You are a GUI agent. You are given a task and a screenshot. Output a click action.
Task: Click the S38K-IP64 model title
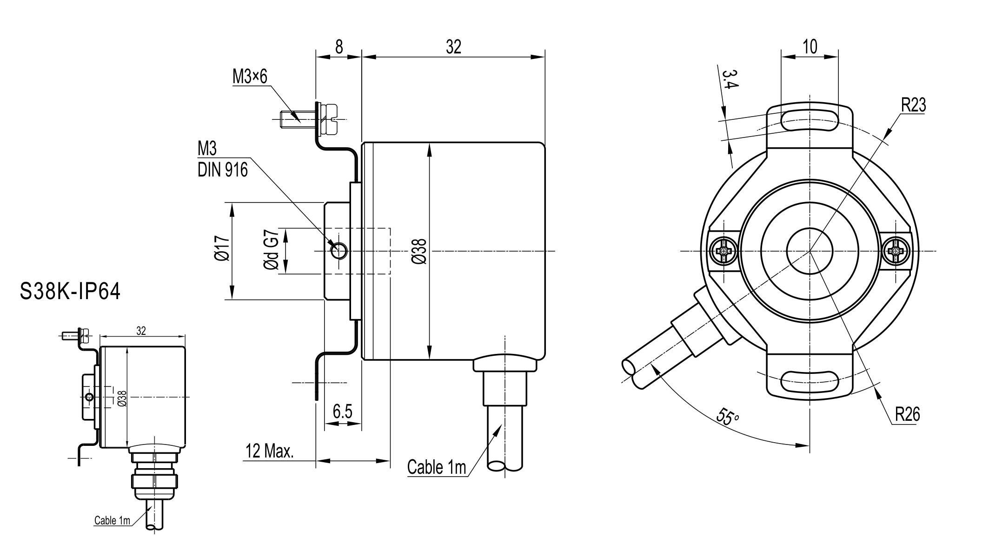click(70, 292)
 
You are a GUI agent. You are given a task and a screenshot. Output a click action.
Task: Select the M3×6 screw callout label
click(250, 77)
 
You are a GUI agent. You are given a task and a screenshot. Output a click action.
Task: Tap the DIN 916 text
click(223, 170)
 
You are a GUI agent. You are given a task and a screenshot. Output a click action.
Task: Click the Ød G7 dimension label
click(272, 250)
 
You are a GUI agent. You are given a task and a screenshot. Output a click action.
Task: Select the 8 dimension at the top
click(339, 47)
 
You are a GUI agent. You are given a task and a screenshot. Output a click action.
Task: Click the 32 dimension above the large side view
click(453, 47)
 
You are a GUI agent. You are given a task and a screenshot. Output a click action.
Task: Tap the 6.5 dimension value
click(343, 412)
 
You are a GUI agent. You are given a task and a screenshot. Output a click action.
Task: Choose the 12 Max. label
click(270, 451)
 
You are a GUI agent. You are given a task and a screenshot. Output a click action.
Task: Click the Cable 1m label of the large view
click(437, 467)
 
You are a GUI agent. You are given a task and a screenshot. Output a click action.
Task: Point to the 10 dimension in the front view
click(810, 46)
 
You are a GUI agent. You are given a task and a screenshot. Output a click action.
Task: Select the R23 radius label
click(914, 105)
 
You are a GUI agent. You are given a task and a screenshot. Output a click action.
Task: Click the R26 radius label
click(908, 414)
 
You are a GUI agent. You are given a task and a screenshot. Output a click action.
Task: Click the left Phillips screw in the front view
click(724, 251)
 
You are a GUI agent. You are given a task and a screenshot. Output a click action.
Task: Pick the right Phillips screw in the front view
click(896, 251)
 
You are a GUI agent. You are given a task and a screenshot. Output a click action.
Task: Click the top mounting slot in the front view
click(810, 121)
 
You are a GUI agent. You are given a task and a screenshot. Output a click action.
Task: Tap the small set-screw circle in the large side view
click(339, 251)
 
